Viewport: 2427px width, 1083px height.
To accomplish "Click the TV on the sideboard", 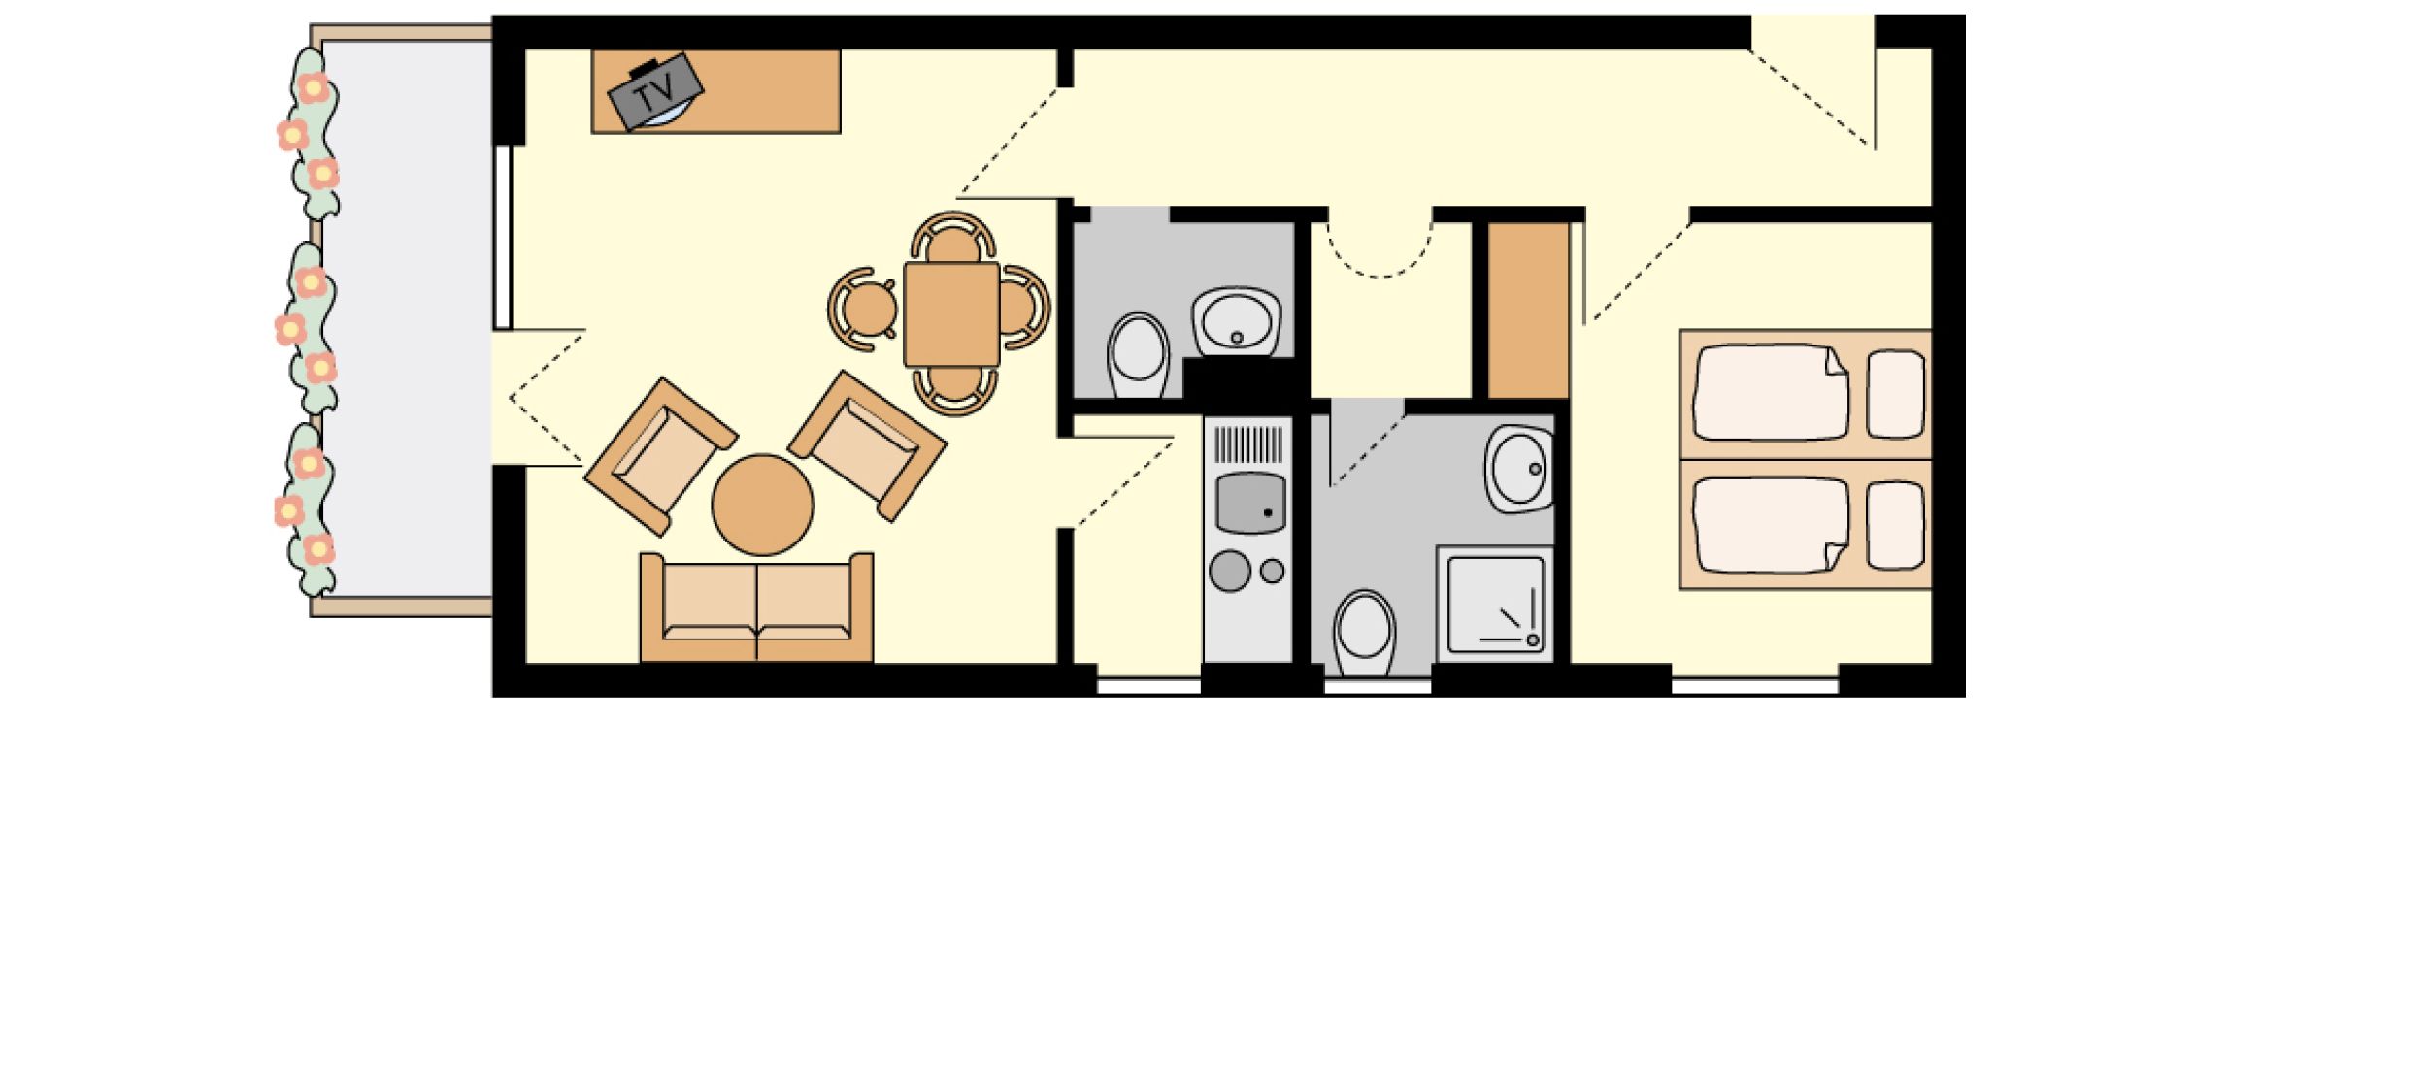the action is coord(655,92).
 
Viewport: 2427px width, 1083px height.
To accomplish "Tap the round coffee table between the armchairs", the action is coord(762,505).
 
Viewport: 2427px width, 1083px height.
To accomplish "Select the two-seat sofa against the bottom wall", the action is coord(756,608).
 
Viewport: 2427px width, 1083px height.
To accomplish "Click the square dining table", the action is coord(951,313).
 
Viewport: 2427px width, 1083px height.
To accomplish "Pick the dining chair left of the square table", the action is coord(863,309).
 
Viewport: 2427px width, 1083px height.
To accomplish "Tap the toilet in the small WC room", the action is coord(1139,354).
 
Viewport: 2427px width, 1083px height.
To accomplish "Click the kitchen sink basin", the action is coord(1250,503).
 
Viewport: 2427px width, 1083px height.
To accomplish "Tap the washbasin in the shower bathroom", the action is coord(1519,469).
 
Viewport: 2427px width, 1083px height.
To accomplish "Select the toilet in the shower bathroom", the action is coord(1364,632).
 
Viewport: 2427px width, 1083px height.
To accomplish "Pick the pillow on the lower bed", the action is coord(1896,525).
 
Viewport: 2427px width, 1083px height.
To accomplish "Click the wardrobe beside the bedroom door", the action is coord(1529,311).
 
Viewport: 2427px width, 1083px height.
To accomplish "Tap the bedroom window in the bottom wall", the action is coord(1755,686).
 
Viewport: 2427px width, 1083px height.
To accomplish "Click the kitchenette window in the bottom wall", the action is coord(1149,686).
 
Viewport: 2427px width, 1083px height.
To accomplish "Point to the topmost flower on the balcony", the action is coord(312,88).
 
